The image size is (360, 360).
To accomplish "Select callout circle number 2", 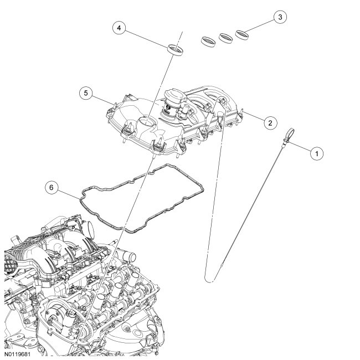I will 269,122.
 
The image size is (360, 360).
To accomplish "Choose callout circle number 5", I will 85,92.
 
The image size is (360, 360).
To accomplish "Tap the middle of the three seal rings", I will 225,38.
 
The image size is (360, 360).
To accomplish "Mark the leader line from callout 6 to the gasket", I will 69,192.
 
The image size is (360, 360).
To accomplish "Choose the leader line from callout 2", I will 253,116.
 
